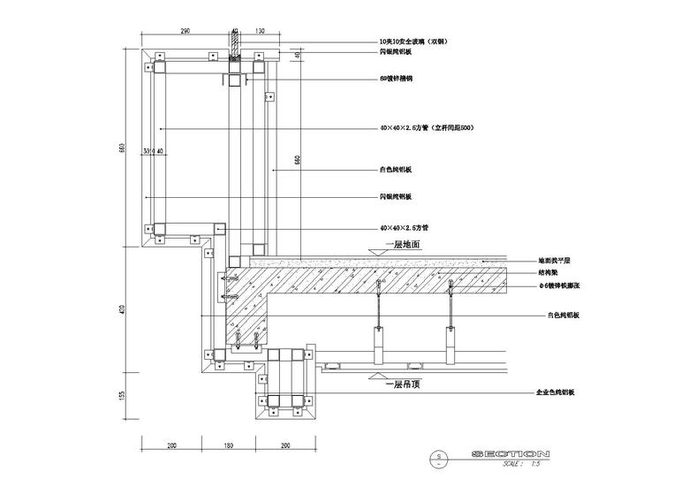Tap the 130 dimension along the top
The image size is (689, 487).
pyautogui.click(x=260, y=31)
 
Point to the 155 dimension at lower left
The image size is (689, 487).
pyautogui.click(x=124, y=397)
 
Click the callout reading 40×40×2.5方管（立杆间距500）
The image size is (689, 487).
pyautogui.click(x=427, y=128)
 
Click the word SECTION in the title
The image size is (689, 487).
pyautogui.click(x=511, y=454)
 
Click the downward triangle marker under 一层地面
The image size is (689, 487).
pyautogui.click(x=376, y=254)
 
